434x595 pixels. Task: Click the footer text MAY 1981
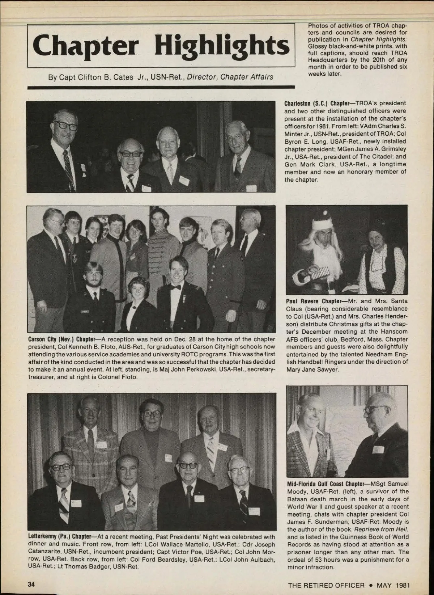tap(393, 585)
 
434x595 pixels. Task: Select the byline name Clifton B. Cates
tap(105, 77)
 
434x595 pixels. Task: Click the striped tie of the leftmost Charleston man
tap(68, 166)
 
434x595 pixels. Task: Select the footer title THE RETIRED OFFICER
tap(326, 585)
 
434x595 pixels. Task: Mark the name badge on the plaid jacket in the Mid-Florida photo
tap(328, 452)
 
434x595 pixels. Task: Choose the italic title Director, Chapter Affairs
tap(230, 77)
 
